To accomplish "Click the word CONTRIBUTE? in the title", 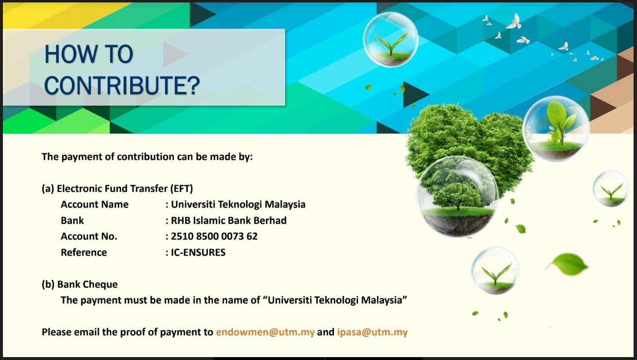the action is (122, 86).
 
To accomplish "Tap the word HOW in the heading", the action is (71, 54).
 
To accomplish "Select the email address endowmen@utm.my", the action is (265, 332).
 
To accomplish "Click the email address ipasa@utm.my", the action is (373, 332).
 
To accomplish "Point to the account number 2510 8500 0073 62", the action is (214, 236).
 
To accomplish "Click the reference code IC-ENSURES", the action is (198, 252).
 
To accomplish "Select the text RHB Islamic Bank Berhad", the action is (229, 221).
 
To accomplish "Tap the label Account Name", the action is (95, 205).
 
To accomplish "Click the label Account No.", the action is (89, 236).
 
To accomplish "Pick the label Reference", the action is (84, 252).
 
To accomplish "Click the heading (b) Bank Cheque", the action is (80, 284).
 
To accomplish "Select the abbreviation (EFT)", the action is (181, 189).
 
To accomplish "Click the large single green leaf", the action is (568, 264).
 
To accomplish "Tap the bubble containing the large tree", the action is (457, 197).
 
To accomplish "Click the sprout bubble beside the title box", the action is (391, 39).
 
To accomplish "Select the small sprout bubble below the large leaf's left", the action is (496, 271).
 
